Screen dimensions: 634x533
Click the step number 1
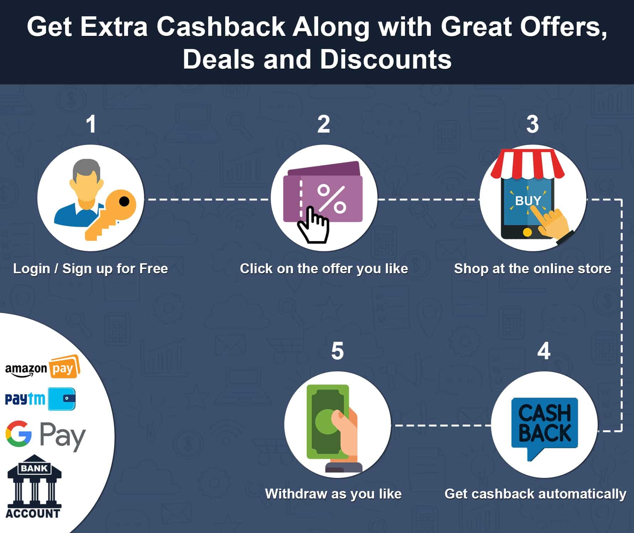[91, 124]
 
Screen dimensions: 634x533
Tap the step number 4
[544, 351]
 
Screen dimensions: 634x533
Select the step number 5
[337, 351]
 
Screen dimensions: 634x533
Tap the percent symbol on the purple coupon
[331, 199]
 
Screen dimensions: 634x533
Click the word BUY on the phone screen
[528, 201]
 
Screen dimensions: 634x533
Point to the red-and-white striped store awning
[527, 164]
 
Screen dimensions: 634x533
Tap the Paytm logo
[40, 399]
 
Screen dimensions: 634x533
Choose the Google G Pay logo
[46, 435]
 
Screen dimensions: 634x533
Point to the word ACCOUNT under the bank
[33, 513]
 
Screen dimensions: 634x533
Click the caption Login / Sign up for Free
[90, 269]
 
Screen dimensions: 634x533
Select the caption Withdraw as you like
[333, 494]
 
